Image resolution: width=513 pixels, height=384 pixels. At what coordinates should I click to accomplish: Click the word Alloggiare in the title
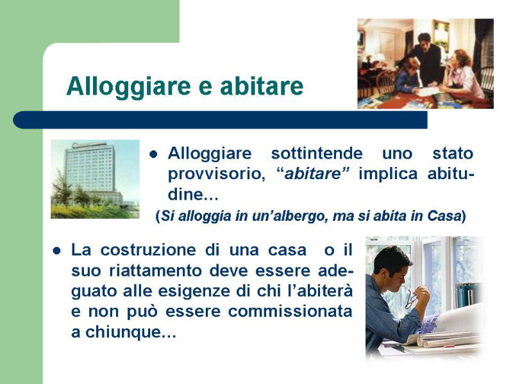[x=129, y=86]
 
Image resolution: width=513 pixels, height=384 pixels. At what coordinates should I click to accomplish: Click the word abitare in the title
[x=262, y=86]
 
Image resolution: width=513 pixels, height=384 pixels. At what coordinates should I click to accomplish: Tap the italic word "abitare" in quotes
[x=313, y=173]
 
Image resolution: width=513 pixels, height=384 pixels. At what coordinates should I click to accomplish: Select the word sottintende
[x=317, y=153]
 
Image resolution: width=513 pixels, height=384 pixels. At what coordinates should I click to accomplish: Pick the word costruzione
[x=148, y=250]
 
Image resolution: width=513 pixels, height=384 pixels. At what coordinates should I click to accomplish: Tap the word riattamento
[x=155, y=271]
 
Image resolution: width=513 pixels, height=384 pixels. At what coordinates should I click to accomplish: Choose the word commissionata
[x=290, y=311]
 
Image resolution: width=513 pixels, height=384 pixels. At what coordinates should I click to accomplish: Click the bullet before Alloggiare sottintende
[x=153, y=154]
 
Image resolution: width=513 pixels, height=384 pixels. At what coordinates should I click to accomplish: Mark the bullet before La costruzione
[x=56, y=251]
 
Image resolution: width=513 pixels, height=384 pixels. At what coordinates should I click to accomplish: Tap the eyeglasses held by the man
[x=411, y=300]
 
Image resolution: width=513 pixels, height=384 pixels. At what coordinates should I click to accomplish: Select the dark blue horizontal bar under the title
[x=220, y=120]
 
